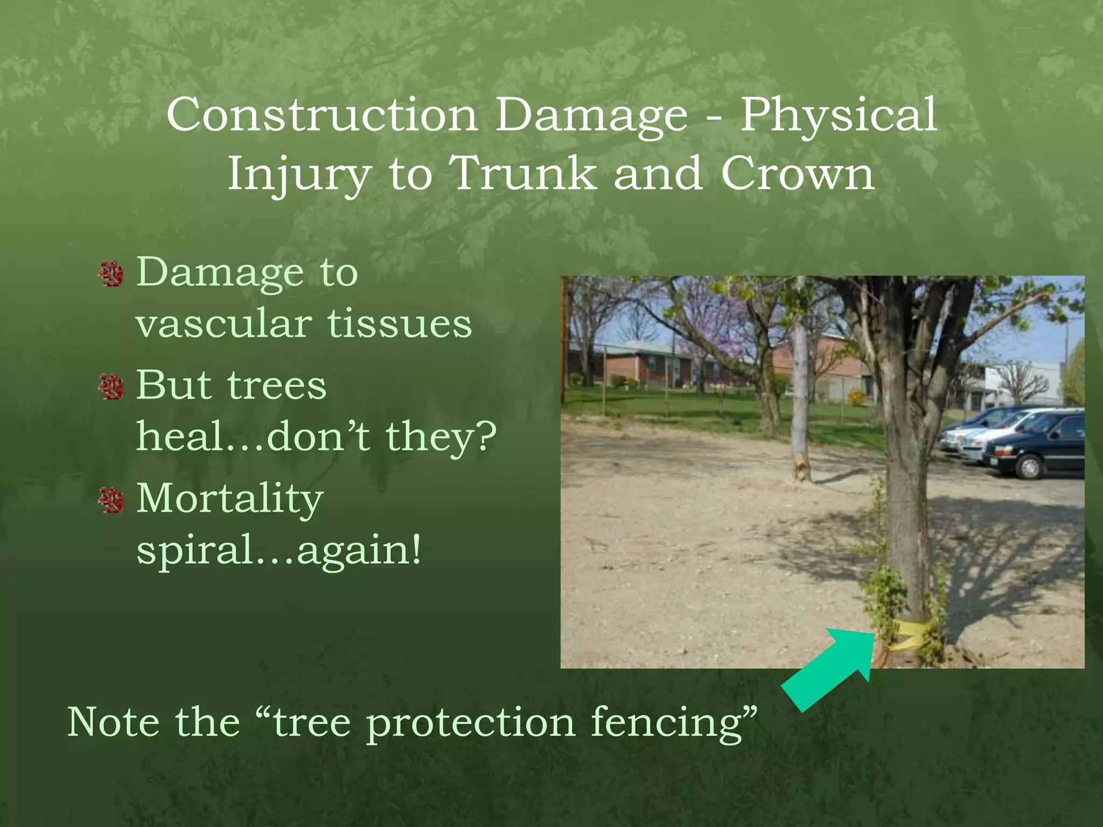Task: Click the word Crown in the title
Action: pos(798,173)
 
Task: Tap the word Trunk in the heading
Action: pos(523,173)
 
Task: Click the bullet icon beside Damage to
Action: pos(111,275)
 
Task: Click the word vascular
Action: pos(224,325)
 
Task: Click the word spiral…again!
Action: pos(278,550)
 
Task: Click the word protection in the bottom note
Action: pos(471,723)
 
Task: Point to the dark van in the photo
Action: pos(1037,445)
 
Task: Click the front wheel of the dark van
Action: pos(1029,467)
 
